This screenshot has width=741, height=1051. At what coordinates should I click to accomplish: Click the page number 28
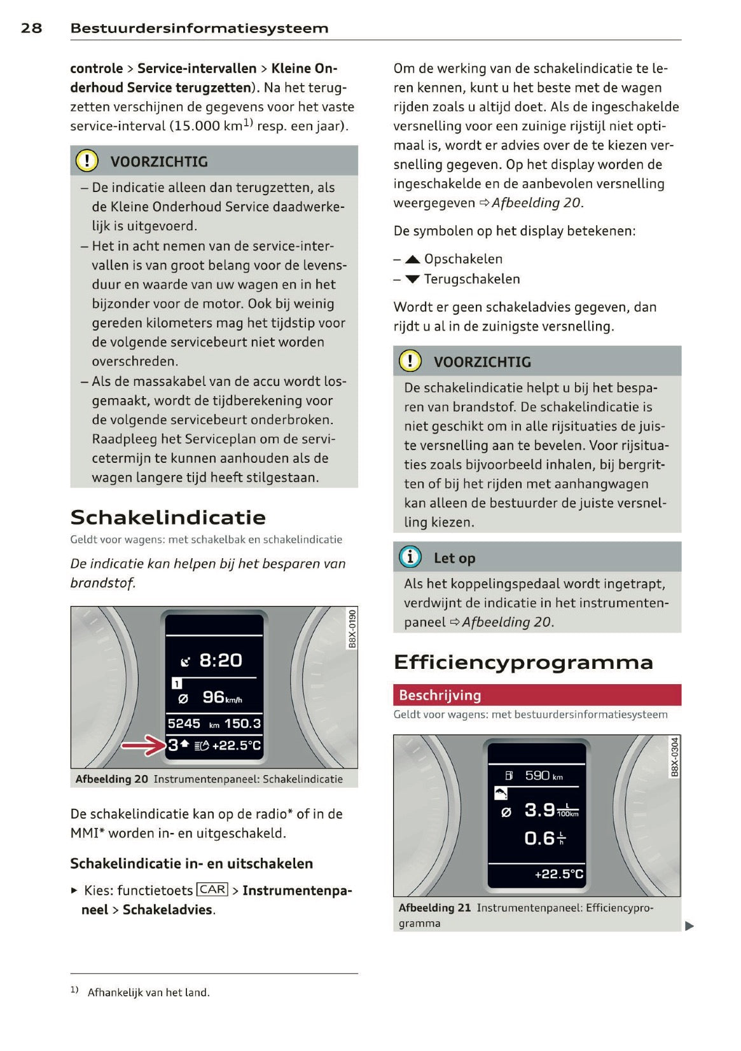pyautogui.click(x=31, y=28)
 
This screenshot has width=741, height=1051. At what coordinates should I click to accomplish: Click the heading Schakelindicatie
pyautogui.click(x=168, y=517)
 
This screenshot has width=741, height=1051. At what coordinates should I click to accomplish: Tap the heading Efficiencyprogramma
pyautogui.click(x=523, y=662)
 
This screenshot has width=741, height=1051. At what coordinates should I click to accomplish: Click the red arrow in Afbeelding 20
pyautogui.click(x=144, y=745)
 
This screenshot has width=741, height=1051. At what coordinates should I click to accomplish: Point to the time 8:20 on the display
pyautogui.click(x=220, y=661)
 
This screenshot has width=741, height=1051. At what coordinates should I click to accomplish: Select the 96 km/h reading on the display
pyautogui.click(x=221, y=697)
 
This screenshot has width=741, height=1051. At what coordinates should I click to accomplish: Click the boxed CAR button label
pyautogui.click(x=212, y=890)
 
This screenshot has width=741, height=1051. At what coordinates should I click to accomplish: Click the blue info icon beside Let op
pyautogui.click(x=410, y=557)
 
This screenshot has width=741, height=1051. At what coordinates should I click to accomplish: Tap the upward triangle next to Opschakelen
pyautogui.click(x=412, y=259)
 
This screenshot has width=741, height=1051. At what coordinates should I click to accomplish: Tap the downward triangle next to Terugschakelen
pyautogui.click(x=412, y=279)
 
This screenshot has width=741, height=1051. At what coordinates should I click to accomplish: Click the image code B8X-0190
pyautogui.click(x=352, y=628)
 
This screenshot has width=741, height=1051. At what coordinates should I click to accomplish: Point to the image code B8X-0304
pyautogui.click(x=675, y=757)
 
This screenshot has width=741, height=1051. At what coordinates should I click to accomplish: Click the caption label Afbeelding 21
pyautogui.click(x=434, y=907)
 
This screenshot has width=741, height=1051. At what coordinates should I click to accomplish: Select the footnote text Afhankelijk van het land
pyautogui.click(x=148, y=992)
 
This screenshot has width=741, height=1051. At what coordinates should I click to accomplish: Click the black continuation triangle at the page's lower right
pyautogui.click(x=689, y=926)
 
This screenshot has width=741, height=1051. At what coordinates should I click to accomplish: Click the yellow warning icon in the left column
pyautogui.click(x=87, y=160)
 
